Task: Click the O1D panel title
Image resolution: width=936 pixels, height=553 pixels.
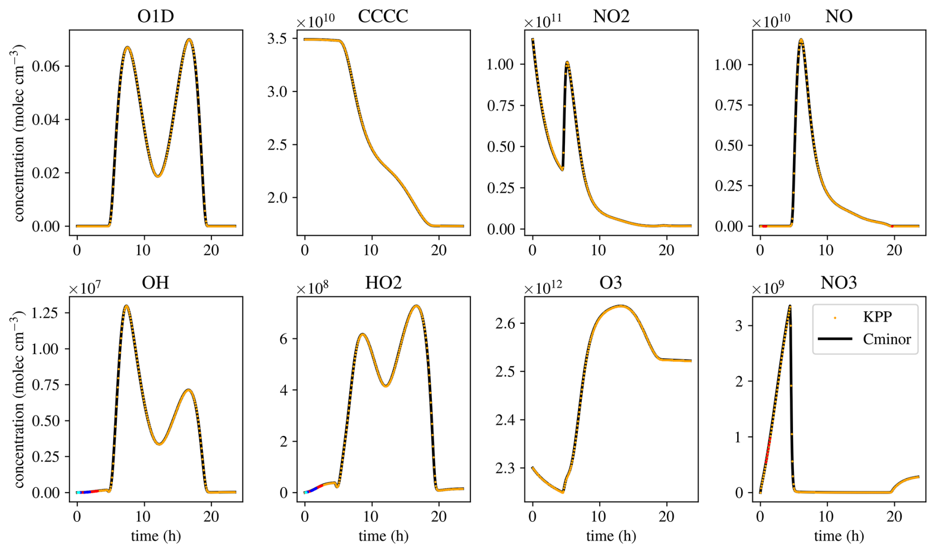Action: pos(155,16)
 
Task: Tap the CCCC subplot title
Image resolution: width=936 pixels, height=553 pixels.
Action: pos(383,16)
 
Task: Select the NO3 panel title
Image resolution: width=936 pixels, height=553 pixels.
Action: pos(839,283)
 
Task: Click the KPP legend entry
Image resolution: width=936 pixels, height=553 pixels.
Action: pos(877,317)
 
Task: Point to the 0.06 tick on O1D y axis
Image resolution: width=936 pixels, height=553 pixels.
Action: pos(46,66)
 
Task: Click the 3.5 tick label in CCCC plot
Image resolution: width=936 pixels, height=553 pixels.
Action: pos(277,39)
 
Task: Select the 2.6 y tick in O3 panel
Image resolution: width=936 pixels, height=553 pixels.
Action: pos(505,324)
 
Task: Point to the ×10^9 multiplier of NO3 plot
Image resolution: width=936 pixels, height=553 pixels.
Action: pos(768,288)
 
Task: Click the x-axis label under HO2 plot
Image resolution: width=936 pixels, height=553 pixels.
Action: pos(383,536)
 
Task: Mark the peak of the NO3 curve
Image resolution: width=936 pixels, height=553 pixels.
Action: pos(790,306)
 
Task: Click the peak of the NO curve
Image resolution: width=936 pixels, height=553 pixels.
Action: pos(801,40)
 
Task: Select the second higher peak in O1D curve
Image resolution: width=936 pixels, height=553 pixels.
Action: pos(189,39)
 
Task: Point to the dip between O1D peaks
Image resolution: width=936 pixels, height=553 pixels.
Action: pos(158,176)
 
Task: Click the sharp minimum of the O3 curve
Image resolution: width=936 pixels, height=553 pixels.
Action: pos(562,492)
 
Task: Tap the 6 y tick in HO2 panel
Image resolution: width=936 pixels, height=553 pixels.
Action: pos(283,339)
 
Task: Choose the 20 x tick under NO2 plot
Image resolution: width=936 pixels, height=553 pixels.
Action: pos(666,251)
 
